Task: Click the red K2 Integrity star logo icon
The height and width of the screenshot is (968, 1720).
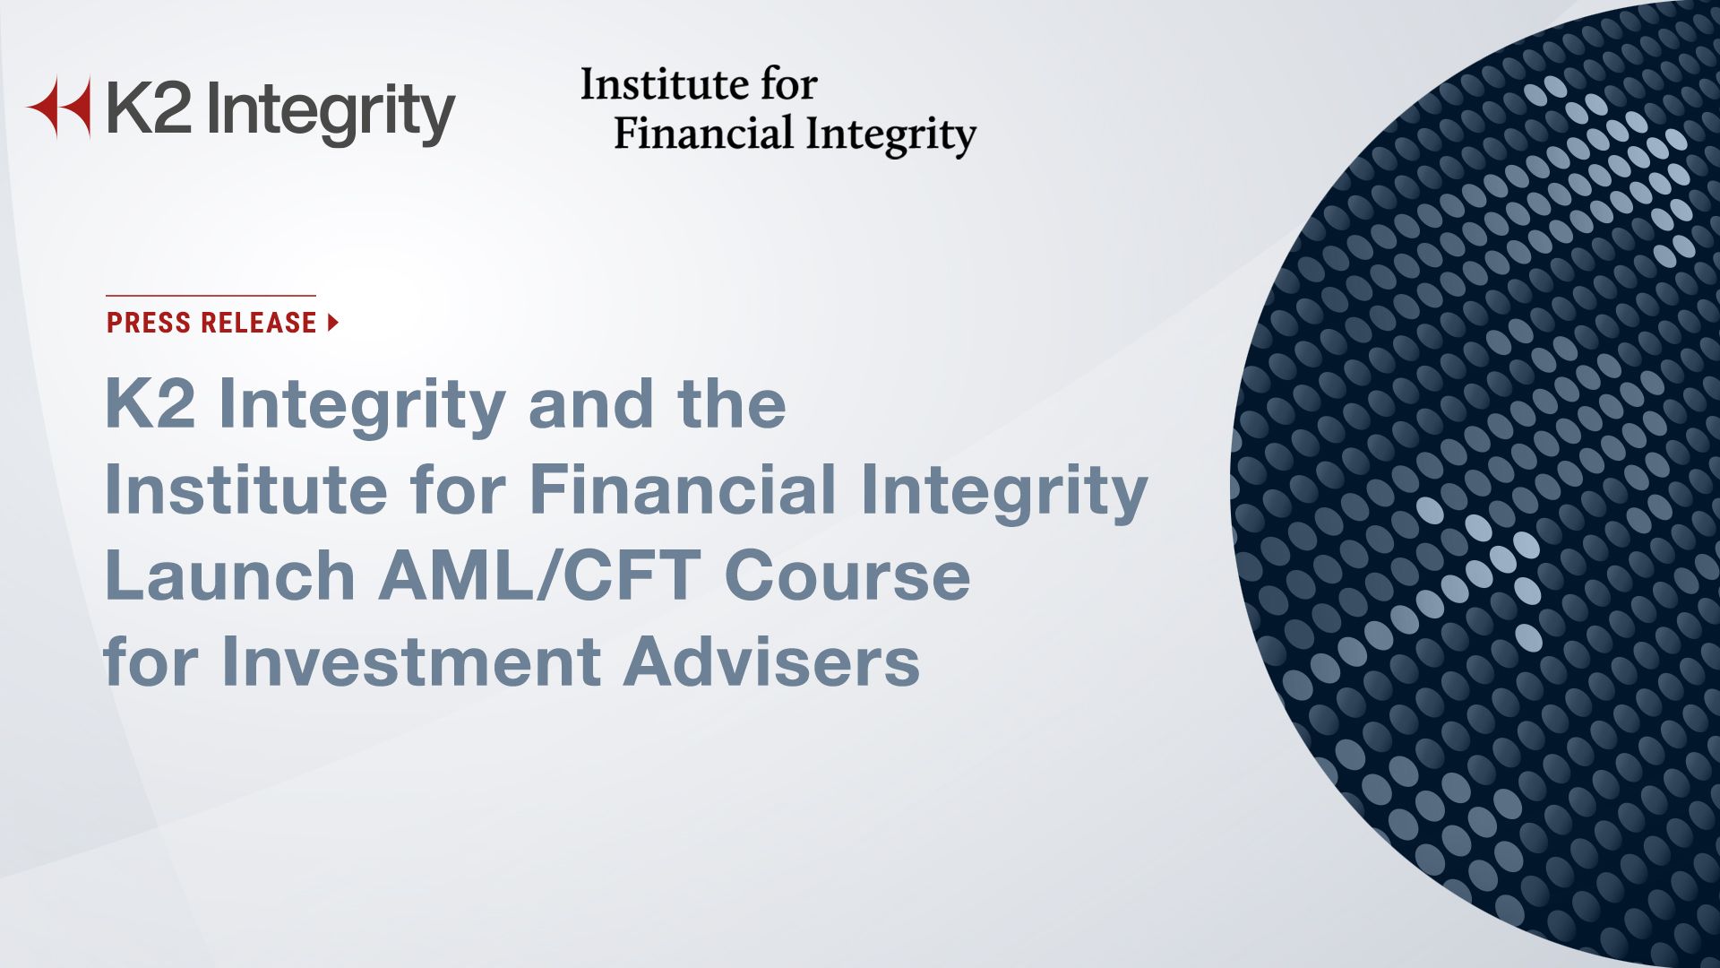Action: coord(61,108)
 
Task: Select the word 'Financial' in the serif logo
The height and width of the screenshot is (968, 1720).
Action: coord(703,134)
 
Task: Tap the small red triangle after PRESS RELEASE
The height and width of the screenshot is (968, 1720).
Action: coord(333,323)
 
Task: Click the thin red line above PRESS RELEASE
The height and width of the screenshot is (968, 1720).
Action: coord(211,295)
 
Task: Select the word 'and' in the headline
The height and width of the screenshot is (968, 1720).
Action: coord(591,403)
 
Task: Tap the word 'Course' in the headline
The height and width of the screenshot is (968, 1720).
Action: coord(847,575)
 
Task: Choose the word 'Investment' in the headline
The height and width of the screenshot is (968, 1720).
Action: coord(411,661)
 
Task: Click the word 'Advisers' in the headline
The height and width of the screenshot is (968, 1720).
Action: coord(771,661)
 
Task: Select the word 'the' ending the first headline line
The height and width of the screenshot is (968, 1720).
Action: coord(732,403)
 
